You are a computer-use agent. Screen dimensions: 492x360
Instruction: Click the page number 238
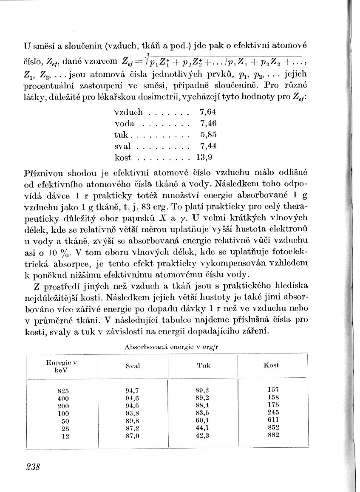point(33,467)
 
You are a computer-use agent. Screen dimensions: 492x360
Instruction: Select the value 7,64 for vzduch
point(208,113)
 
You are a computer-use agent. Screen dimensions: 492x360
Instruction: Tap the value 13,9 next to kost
point(207,158)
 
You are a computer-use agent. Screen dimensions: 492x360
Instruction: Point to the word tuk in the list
point(122,135)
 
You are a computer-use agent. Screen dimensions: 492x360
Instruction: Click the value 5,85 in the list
point(208,135)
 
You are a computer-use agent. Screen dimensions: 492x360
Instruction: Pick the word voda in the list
point(125,124)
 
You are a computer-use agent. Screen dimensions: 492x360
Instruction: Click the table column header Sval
point(133,366)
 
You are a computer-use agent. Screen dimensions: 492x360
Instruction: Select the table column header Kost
point(271,365)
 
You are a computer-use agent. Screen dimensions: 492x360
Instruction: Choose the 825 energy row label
point(63,390)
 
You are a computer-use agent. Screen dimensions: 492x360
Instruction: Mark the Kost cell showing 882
point(274,435)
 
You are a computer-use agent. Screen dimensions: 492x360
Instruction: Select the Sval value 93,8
point(133,413)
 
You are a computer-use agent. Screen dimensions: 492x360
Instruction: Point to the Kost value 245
point(274,413)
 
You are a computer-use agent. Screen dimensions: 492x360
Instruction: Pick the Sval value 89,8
point(133,420)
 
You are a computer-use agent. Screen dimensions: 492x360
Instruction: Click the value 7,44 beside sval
point(208,147)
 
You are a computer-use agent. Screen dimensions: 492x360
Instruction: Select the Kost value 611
point(274,420)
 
